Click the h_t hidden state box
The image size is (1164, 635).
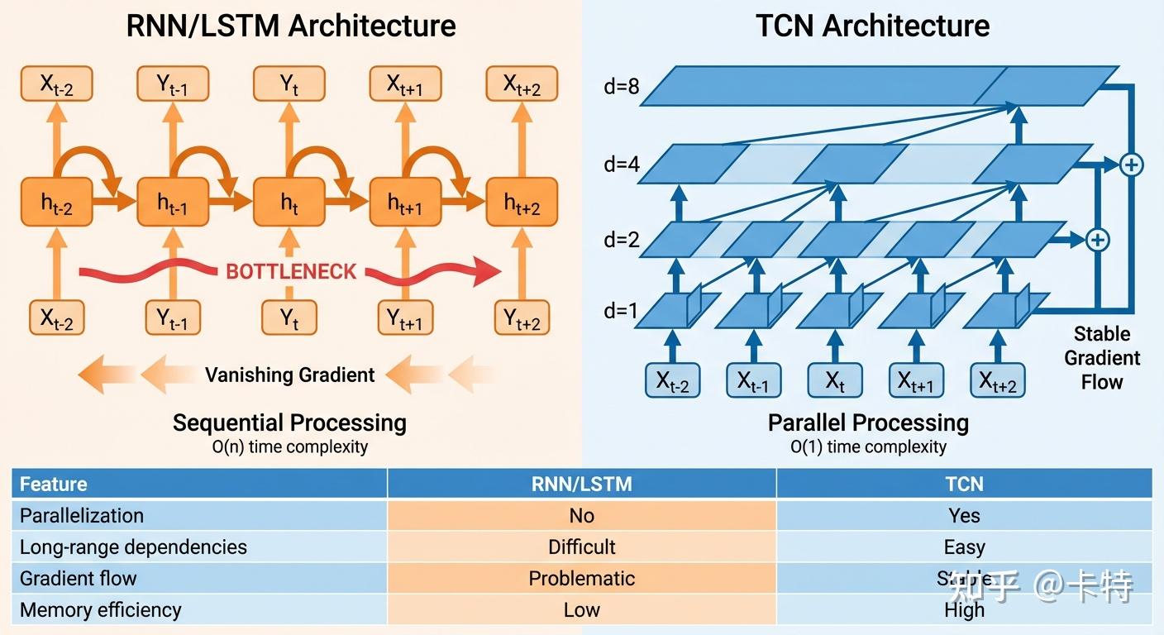289,203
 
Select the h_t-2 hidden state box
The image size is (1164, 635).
56,203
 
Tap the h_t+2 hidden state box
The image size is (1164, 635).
522,203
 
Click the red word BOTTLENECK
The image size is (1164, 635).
291,271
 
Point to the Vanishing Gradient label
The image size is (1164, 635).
289,375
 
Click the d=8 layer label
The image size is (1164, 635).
621,86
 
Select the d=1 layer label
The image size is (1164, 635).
621,312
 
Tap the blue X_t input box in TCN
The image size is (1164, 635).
835,381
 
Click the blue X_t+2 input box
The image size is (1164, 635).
998,381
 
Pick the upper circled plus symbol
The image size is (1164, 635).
1131,165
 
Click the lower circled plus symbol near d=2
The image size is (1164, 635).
1096,240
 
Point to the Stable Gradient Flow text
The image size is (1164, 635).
1102,358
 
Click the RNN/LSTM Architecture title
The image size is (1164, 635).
290,26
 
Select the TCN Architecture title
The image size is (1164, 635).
872,26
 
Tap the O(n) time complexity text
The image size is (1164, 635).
289,447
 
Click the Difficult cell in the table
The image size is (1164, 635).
581,547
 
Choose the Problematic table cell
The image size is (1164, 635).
581,578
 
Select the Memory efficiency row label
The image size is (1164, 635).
100,610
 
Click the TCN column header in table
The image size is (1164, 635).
964,484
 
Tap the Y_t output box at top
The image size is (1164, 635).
289,84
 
